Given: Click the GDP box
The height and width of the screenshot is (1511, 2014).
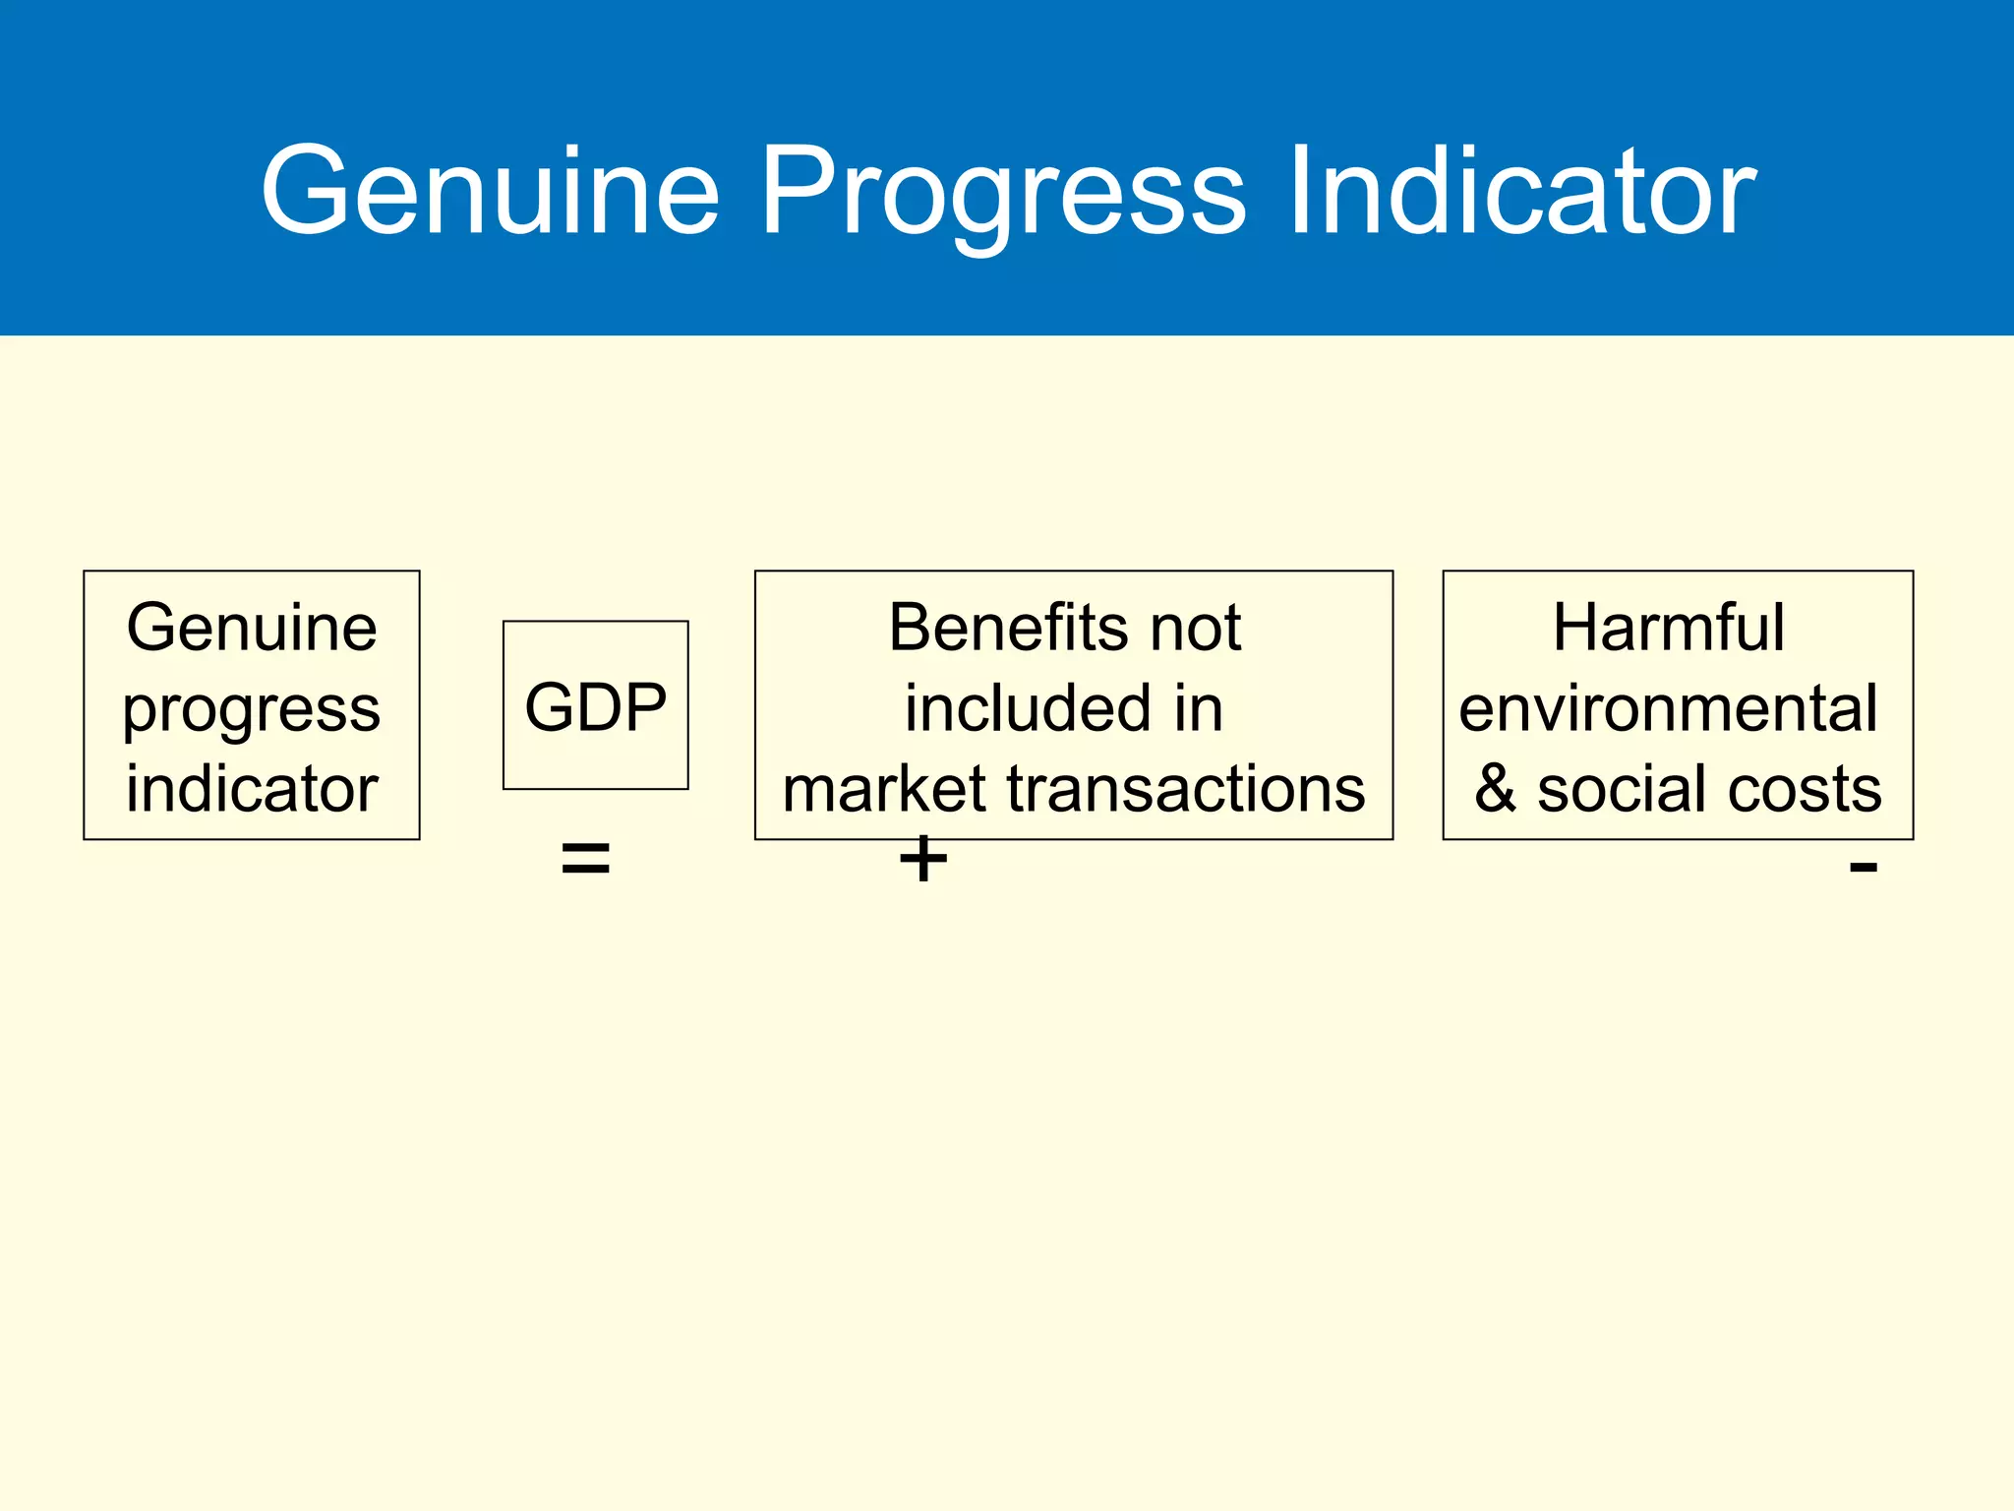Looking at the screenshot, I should [x=595, y=706].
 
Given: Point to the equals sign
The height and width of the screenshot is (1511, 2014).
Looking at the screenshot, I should [x=585, y=860].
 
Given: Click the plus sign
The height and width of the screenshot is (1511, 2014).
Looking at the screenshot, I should [x=922, y=860].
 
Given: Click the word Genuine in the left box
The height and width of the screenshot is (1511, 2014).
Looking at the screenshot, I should [x=252, y=628].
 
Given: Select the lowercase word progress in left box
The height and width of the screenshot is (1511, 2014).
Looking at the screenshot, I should [x=252, y=710].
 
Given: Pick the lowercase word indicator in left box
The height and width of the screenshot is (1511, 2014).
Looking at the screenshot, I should [x=252, y=789].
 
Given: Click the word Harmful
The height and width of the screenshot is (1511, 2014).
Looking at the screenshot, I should [x=1668, y=628].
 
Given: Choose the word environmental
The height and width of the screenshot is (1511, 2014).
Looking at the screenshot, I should [x=1668, y=708].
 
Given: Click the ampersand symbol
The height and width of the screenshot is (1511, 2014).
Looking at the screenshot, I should [x=1496, y=789].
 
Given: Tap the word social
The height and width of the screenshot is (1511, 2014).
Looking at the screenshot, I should [x=1623, y=789].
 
